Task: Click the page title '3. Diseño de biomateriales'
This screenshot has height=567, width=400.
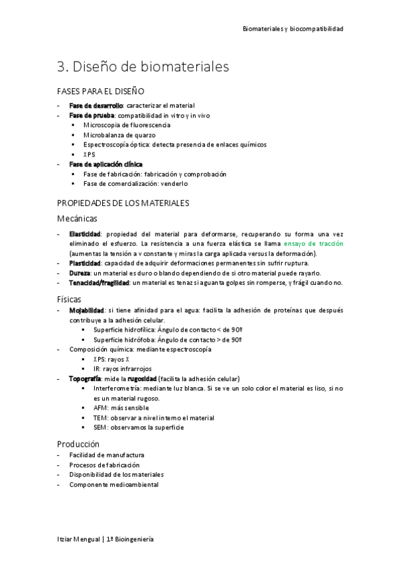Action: (x=143, y=67)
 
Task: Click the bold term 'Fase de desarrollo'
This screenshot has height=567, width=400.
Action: (x=95, y=106)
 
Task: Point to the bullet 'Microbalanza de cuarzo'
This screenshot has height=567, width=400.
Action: (x=120, y=134)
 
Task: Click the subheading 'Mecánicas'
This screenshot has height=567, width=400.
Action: (x=77, y=218)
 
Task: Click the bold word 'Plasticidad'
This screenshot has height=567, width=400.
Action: (x=85, y=263)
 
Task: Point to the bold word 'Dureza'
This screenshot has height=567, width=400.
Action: (x=79, y=273)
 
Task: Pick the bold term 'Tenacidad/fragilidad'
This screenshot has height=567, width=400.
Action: (x=99, y=283)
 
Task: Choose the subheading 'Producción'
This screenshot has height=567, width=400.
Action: (x=78, y=443)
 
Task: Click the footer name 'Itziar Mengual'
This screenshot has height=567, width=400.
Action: (x=78, y=538)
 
